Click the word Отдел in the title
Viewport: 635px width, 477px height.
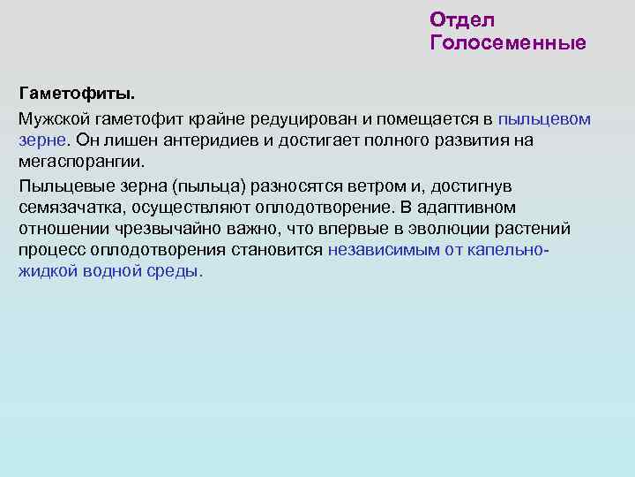click(462, 19)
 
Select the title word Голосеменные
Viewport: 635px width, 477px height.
click(507, 42)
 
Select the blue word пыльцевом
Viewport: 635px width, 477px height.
click(544, 117)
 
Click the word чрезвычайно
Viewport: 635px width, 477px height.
click(158, 230)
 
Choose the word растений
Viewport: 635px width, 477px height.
click(537, 230)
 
